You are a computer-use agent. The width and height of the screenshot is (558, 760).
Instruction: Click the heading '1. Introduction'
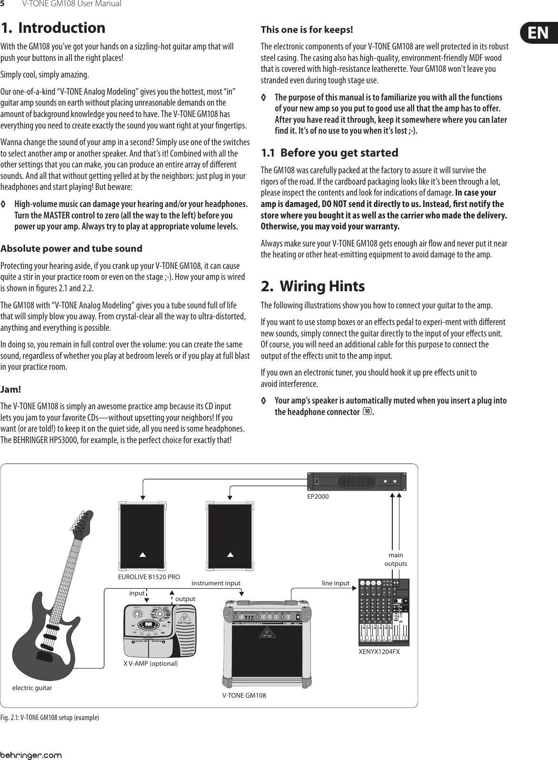53,28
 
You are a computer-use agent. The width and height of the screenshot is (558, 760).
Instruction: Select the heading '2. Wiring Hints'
313,286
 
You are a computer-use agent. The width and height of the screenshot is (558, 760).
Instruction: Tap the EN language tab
538,33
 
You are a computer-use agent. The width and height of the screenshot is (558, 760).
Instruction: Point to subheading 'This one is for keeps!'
307,30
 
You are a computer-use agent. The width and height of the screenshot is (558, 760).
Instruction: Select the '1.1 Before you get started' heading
329,153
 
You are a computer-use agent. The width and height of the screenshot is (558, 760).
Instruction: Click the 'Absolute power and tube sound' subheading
71,248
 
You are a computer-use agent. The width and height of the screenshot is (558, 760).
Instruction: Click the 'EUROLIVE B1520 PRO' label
149,577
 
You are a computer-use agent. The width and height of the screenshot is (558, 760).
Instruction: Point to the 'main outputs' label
396,559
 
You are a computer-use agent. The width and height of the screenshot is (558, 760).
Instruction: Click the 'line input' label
336,583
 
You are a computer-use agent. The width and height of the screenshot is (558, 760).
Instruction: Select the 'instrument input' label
216,582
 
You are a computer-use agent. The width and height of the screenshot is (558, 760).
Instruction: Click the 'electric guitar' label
32,688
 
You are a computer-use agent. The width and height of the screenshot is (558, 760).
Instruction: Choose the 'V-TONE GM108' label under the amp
244,695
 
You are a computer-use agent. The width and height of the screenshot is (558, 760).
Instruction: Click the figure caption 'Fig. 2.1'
50,717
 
